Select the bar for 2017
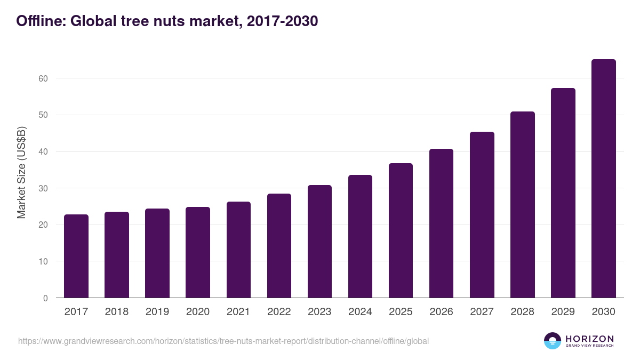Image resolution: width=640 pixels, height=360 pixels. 76,256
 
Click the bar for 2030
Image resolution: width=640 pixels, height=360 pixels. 603,179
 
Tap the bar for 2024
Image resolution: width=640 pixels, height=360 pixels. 360,236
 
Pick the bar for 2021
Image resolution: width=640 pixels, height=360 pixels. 238,250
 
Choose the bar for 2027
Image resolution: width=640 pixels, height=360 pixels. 482,215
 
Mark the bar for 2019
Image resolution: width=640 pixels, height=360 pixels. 157,253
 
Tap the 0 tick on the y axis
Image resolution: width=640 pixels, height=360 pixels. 45,298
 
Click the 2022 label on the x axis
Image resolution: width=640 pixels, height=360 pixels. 279,312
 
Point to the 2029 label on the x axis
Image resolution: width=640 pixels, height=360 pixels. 563,312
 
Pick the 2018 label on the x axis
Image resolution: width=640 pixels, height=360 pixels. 117,312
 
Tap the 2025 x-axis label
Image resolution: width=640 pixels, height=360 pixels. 401,312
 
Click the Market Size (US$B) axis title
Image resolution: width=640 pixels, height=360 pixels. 22,172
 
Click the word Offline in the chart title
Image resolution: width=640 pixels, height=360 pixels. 40,21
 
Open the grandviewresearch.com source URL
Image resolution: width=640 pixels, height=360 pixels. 223,341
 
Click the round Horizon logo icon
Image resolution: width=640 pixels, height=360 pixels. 553,341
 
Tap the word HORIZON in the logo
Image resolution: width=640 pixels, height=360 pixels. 589,339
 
